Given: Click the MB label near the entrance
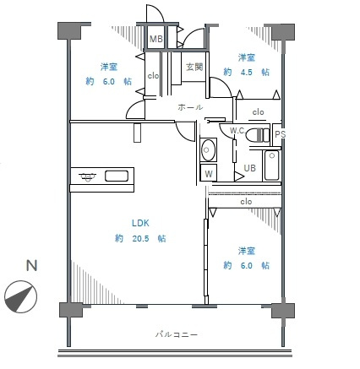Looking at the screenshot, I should [156, 39].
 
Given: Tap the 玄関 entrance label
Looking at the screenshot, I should [194, 67].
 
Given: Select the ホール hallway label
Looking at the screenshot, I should [189, 108].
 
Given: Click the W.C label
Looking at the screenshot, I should [237, 131].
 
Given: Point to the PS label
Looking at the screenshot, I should [280, 134].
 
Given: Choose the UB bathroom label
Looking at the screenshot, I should [250, 168].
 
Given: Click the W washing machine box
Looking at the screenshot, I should [208, 173].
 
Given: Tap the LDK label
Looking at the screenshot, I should [139, 223].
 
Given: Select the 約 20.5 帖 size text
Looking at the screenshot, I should [140, 239].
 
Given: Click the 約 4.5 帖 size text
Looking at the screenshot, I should [247, 73].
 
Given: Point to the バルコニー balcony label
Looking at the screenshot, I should [177, 334].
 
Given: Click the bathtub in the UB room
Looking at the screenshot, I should [272, 166].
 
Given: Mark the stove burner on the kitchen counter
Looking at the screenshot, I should [87, 176].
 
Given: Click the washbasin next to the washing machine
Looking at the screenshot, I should [209, 151].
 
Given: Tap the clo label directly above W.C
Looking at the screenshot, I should [258, 111].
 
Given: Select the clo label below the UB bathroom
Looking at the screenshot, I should [246, 202].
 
